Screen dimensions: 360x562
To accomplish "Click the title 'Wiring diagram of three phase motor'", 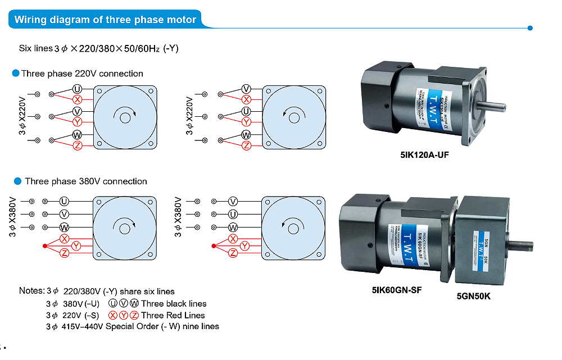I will click(105, 20).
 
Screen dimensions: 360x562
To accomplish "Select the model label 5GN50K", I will click(473, 296).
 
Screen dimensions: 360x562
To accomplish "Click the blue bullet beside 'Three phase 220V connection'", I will click(16, 74).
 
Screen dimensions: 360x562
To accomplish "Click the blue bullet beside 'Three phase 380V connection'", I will click(16, 181).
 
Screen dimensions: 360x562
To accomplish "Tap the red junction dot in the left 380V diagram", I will click(44, 246).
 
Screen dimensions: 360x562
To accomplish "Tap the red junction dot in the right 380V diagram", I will click(212, 246).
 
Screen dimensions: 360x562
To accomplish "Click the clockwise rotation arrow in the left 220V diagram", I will click(124, 115).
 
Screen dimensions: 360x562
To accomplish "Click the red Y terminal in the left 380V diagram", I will click(76, 246).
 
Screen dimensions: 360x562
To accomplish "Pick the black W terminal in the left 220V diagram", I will click(77, 135).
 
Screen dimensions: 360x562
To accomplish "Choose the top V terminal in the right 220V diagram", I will click(246, 89).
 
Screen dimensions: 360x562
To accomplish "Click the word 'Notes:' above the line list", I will click(31, 291).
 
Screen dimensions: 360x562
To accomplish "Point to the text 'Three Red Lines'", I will click(173, 315).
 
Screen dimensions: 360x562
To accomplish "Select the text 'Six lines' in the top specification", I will click(35, 48).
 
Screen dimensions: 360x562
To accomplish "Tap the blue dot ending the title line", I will click(530, 28).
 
